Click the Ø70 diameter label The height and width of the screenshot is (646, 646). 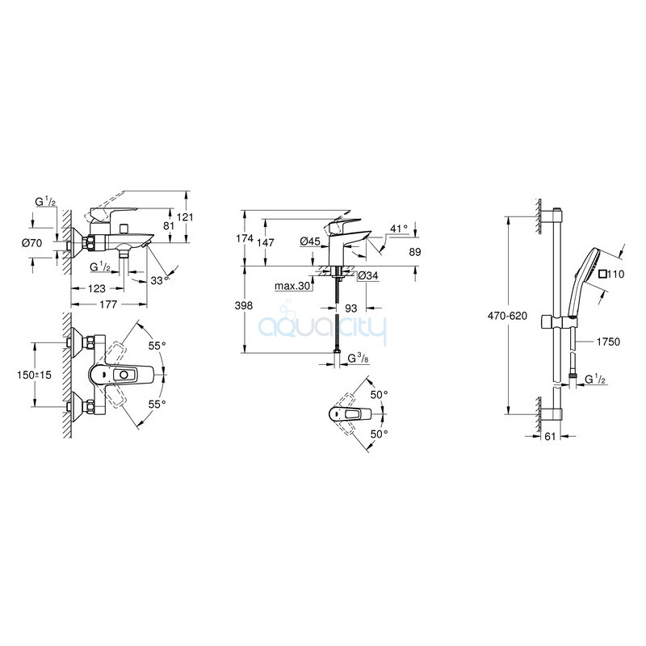pyautogui.click(x=31, y=243)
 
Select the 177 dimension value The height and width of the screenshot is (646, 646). pyautogui.click(x=109, y=304)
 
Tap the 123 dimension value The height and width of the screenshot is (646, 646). pyautogui.click(x=96, y=288)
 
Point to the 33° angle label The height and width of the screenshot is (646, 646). pyautogui.click(x=160, y=280)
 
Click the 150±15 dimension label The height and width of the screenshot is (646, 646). pyautogui.click(x=34, y=375)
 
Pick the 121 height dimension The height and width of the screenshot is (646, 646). pyautogui.click(x=185, y=216)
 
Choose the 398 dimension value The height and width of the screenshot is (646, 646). pyautogui.click(x=244, y=306)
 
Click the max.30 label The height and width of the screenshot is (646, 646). pyautogui.click(x=292, y=286)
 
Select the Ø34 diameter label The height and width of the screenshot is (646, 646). pyautogui.click(x=368, y=275)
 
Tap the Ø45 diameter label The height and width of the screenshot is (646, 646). pyautogui.click(x=310, y=241)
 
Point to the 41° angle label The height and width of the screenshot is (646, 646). pyautogui.click(x=398, y=229)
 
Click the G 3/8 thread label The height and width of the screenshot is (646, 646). pyautogui.click(x=358, y=359)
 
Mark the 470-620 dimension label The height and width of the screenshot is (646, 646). pyautogui.click(x=507, y=316)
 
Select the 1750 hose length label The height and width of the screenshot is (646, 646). pyautogui.click(x=608, y=342)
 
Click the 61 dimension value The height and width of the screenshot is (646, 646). pyautogui.click(x=550, y=436)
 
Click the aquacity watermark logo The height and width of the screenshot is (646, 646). pyautogui.click(x=322, y=324)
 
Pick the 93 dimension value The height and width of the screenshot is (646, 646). pyautogui.click(x=351, y=308)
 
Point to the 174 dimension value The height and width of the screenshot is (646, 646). pyautogui.click(x=245, y=238)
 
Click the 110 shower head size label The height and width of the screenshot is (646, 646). pyautogui.click(x=611, y=274)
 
